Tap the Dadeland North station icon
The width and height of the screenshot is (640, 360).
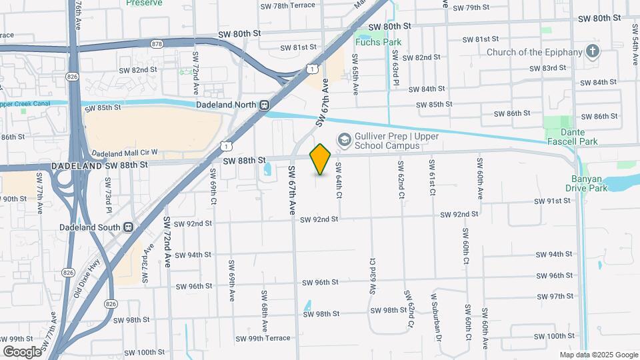pyautogui.click(x=265, y=105)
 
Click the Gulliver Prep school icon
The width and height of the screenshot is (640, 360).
pyautogui.click(x=344, y=139)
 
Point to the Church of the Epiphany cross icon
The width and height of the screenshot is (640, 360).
pyautogui.click(x=592, y=52)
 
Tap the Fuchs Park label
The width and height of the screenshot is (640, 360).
pyautogui.click(x=378, y=42)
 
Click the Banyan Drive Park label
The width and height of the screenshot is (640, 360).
pyautogui.click(x=587, y=183)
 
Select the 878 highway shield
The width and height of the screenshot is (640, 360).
pyautogui.click(x=157, y=44)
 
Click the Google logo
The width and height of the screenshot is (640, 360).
pyautogui.click(x=22, y=351)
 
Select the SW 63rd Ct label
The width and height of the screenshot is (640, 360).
pyautogui.click(x=372, y=276)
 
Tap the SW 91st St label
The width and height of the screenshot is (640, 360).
pyautogui.click(x=553, y=201)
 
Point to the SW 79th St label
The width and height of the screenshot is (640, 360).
pyautogui.click(x=471, y=7)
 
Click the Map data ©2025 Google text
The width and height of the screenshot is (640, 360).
pyautogui.click(x=598, y=355)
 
